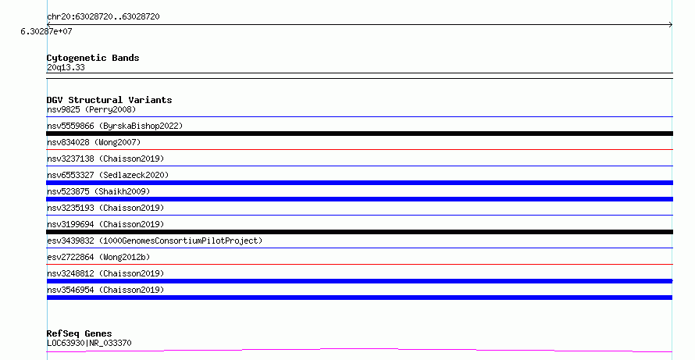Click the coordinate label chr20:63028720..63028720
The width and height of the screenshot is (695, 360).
point(103,16)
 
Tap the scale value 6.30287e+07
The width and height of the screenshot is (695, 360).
point(46,31)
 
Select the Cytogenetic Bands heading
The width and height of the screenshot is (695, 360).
point(93,58)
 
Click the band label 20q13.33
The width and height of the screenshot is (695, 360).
point(66,67)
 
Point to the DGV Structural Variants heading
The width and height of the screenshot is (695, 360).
point(109,100)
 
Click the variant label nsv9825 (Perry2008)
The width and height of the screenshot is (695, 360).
point(91,109)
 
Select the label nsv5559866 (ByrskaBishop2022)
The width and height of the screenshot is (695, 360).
point(115,126)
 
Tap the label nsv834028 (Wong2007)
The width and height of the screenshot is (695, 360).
point(94,142)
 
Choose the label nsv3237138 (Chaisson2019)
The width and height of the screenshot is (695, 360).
point(105,159)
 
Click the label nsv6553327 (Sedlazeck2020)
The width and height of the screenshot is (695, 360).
point(108,175)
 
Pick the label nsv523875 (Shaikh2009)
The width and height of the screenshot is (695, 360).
point(98,191)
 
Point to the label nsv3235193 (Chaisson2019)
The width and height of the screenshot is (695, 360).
point(105,208)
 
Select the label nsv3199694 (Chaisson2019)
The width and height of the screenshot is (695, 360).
point(105,224)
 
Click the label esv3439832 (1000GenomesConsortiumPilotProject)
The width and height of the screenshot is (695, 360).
point(155,241)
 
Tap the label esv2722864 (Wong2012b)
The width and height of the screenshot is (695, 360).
point(98,257)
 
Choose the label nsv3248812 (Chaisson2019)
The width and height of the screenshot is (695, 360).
point(105,273)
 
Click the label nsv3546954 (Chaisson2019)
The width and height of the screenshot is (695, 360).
point(105,290)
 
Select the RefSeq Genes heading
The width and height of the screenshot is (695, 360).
point(80,333)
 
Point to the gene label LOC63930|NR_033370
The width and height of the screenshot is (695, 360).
point(89,343)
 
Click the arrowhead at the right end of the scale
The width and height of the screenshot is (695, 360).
point(671,25)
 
